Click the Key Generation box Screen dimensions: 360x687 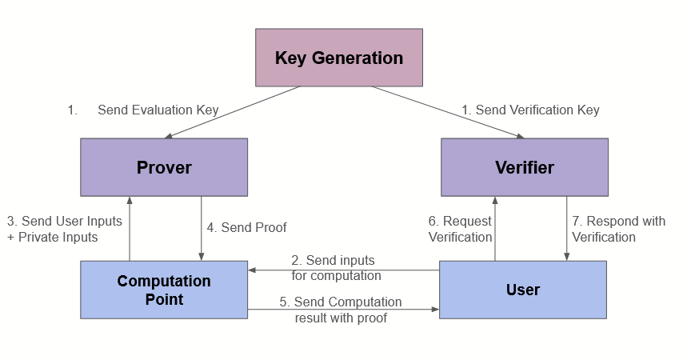point(339,58)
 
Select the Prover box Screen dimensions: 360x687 point(164,167)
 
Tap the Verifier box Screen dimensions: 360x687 point(524,167)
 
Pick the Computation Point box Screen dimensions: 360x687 point(164,290)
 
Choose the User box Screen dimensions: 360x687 point(523,290)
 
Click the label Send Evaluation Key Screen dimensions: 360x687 point(158,110)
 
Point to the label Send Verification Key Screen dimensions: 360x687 point(530,110)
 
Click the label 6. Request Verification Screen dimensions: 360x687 point(460,229)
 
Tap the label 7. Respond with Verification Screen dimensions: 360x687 point(618,229)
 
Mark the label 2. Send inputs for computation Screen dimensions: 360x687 point(335,268)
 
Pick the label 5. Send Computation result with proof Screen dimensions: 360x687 point(341,310)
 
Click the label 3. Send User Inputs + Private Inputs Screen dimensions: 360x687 point(64,229)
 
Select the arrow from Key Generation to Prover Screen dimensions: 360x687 point(232,113)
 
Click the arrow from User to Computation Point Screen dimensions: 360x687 point(344,270)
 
